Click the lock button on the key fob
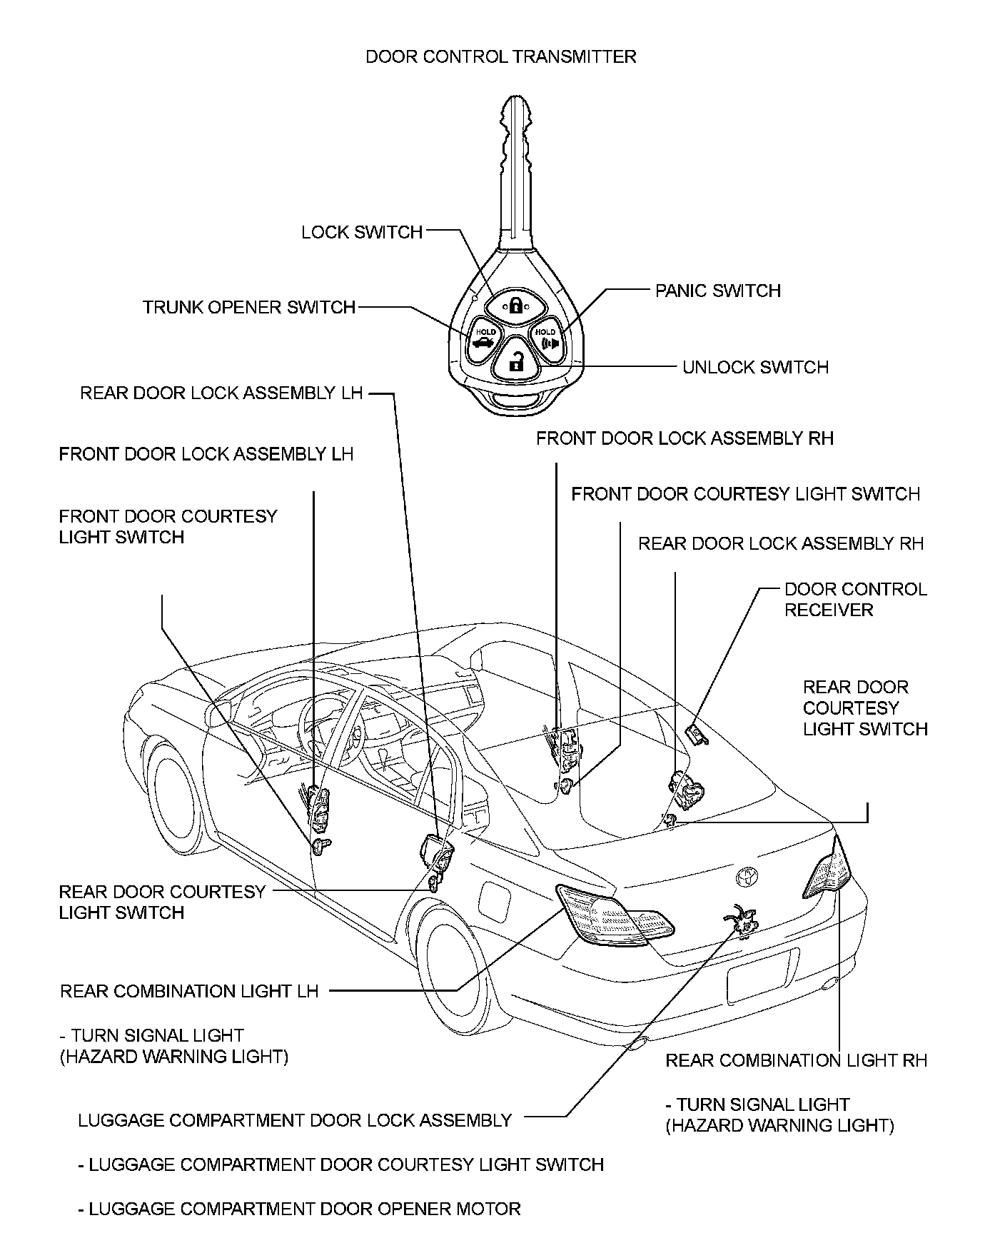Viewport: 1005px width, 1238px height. point(514,305)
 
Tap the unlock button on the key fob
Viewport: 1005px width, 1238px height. point(514,360)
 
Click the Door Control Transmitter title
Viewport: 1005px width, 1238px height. point(500,56)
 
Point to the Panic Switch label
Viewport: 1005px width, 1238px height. point(718,291)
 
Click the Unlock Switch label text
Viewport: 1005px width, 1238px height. point(755,367)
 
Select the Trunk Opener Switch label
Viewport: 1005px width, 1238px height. point(249,307)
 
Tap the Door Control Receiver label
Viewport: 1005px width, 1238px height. point(855,599)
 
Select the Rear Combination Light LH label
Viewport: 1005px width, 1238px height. point(189,991)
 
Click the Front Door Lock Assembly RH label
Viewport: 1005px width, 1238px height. point(685,438)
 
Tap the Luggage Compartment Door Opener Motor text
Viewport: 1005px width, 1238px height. point(299,1209)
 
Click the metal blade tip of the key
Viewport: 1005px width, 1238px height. point(516,107)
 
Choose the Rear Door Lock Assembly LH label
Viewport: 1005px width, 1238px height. point(221,393)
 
